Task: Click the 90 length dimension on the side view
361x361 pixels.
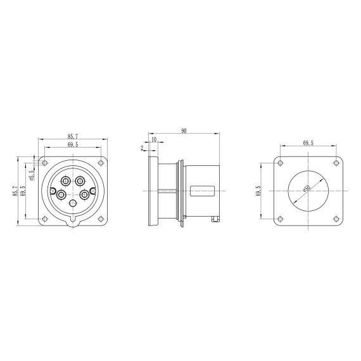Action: tap(184, 130)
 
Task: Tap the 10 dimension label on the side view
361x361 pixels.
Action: tap(154, 139)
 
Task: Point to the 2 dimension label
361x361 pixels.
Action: tap(142, 148)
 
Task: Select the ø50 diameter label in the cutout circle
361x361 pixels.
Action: tap(307, 188)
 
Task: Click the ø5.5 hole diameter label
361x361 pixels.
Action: tap(32, 175)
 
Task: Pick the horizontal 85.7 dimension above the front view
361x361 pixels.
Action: tap(73, 136)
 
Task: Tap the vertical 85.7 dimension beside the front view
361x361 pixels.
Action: tap(15, 191)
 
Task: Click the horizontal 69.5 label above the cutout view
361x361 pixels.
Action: tap(308, 143)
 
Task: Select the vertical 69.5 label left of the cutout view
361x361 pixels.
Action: tap(258, 191)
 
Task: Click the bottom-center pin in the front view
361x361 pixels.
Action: tap(73, 203)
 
